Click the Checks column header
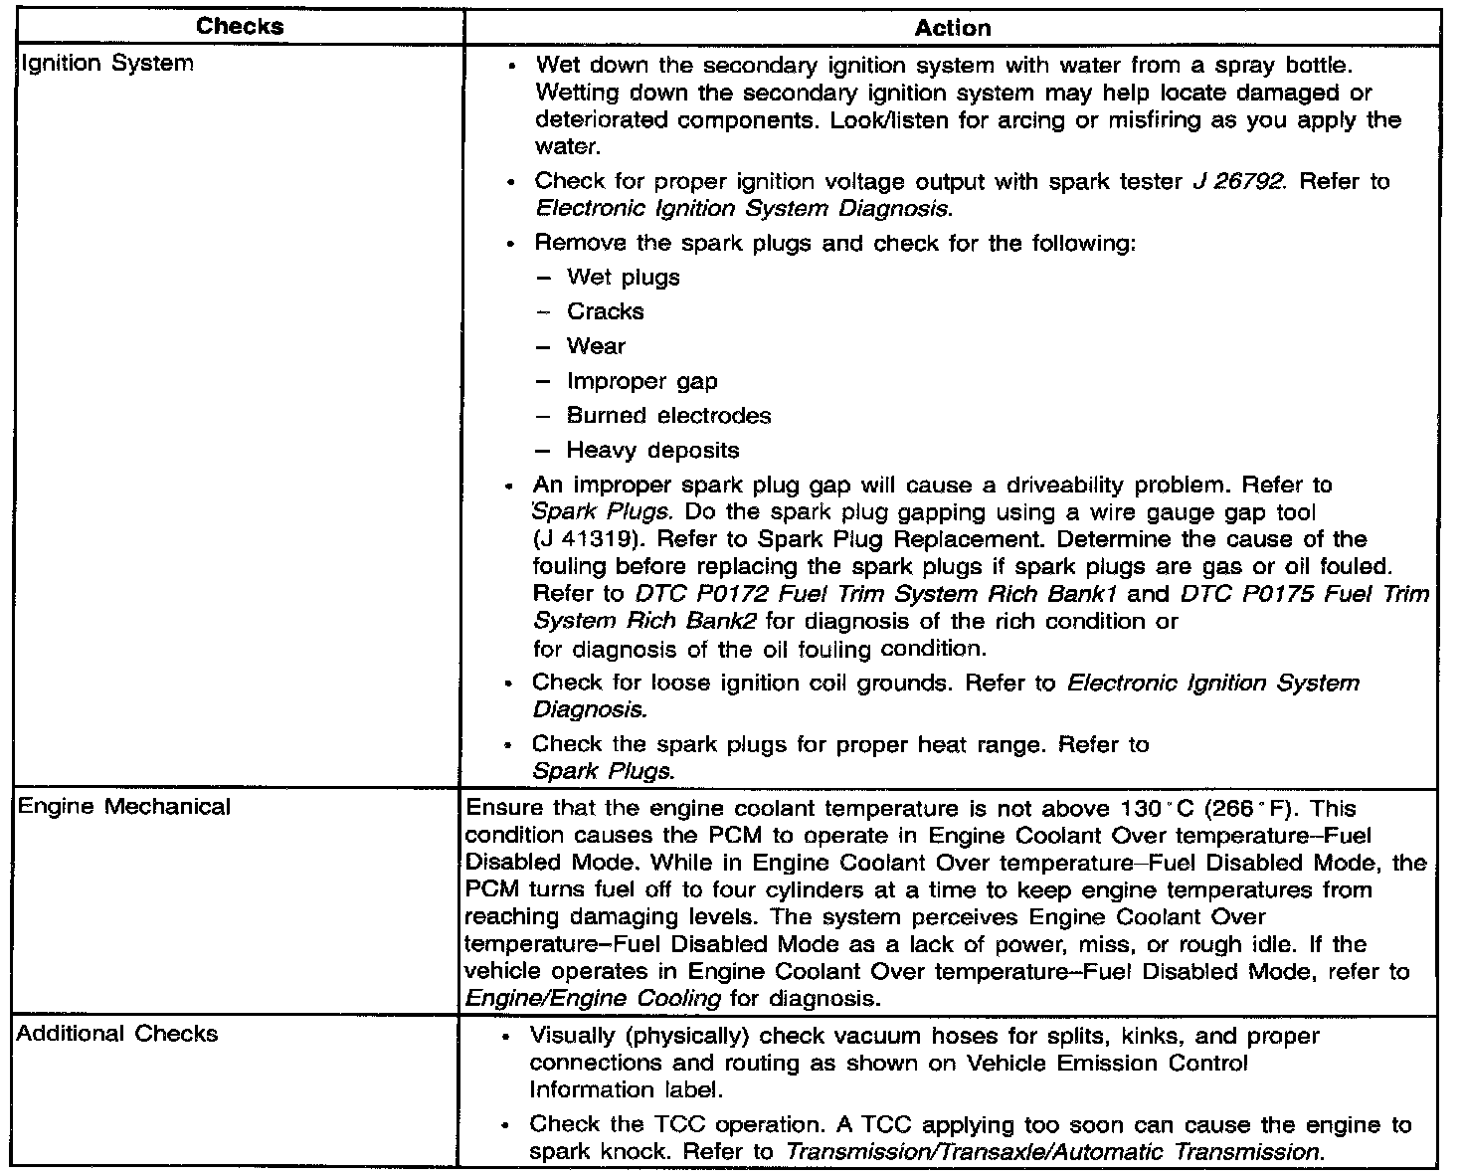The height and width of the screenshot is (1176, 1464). pos(240,27)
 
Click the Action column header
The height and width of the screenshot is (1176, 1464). pos(952,29)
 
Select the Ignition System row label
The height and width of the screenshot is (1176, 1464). pos(106,64)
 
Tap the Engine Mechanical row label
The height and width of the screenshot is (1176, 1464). pos(123,806)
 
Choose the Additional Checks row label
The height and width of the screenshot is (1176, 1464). pos(117,1033)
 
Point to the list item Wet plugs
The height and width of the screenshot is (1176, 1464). pos(623,277)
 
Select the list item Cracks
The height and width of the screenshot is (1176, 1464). pos(605,311)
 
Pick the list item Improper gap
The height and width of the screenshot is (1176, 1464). pos(641,381)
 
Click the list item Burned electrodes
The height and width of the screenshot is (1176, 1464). pos(668,415)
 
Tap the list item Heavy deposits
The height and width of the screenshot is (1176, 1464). pos(652,450)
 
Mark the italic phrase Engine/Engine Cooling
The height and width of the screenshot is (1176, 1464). pos(593,998)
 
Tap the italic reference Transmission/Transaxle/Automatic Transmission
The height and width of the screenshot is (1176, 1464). pos(1052,1152)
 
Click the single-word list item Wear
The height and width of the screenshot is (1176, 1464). pos(596,346)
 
